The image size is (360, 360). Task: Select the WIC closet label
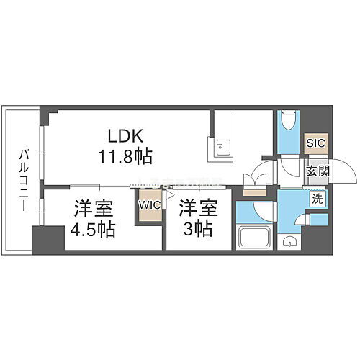(x=150, y=204)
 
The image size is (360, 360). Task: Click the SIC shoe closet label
(x=315, y=143)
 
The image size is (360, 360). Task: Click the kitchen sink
(x=222, y=148)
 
